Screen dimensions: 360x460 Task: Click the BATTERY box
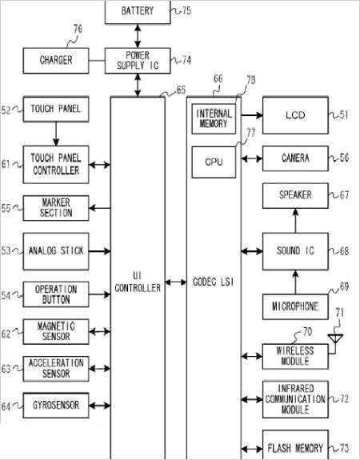(x=138, y=12)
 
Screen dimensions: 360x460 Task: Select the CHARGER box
(x=56, y=61)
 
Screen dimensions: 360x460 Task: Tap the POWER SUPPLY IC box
(x=138, y=61)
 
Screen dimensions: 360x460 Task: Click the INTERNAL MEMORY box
(x=214, y=118)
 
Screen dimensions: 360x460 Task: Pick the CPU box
(x=214, y=162)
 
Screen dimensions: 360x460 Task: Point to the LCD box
(x=295, y=115)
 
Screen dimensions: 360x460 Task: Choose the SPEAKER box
(x=295, y=196)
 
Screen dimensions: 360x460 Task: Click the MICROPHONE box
(x=295, y=306)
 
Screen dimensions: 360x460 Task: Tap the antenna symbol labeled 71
(x=335, y=339)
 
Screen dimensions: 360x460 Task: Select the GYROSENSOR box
(x=56, y=406)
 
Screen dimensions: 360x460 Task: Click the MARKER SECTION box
(x=56, y=208)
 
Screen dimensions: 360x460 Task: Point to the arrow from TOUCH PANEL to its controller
(x=56, y=134)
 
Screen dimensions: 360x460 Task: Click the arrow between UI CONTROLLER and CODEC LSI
(x=176, y=282)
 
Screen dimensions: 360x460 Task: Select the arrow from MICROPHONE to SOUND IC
(x=295, y=282)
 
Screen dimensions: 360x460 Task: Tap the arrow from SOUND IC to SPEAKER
(x=295, y=221)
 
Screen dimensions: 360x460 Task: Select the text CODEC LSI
(x=214, y=282)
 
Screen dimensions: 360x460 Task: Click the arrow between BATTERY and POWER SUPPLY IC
(x=138, y=36)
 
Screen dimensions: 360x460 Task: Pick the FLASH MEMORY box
(x=295, y=446)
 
